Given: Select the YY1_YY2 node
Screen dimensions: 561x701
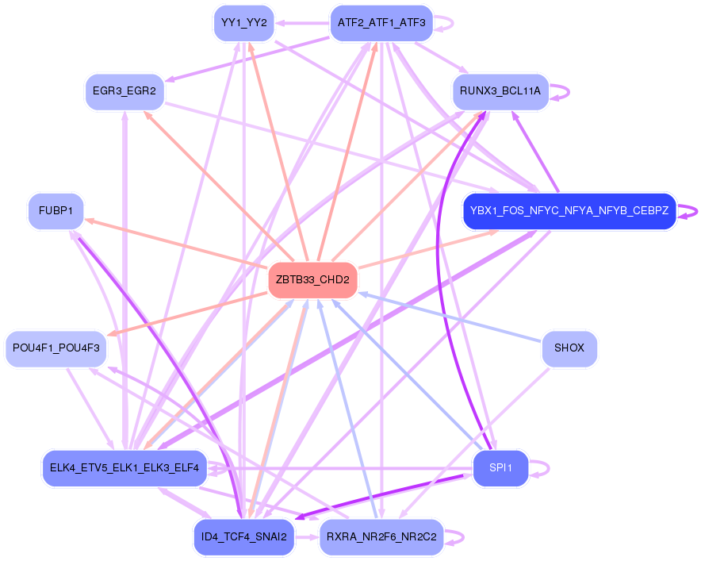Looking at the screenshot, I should tap(244, 23).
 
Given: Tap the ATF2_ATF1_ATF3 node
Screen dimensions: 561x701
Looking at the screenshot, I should tap(381, 23).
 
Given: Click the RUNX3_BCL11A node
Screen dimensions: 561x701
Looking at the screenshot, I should tap(500, 91).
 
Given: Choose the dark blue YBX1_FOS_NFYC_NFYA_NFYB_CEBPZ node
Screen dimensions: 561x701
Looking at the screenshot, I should tap(569, 211).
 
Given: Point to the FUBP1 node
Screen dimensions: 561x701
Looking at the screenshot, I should tap(56, 211).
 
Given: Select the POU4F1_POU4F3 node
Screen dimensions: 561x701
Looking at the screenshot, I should tap(56, 348).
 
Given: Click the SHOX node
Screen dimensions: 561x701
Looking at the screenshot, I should tap(569, 348).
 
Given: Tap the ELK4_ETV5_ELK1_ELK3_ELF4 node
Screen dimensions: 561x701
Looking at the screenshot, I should tap(124, 467).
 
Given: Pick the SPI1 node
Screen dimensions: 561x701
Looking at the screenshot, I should tap(500, 468).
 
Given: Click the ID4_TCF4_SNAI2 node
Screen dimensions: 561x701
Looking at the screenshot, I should tap(244, 537).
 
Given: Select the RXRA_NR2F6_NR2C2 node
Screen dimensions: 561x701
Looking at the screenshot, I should tap(381, 537).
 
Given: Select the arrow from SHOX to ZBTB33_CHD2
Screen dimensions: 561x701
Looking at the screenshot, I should tap(452, 317).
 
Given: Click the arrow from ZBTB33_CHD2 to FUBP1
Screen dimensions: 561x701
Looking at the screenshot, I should tap(174, 242).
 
